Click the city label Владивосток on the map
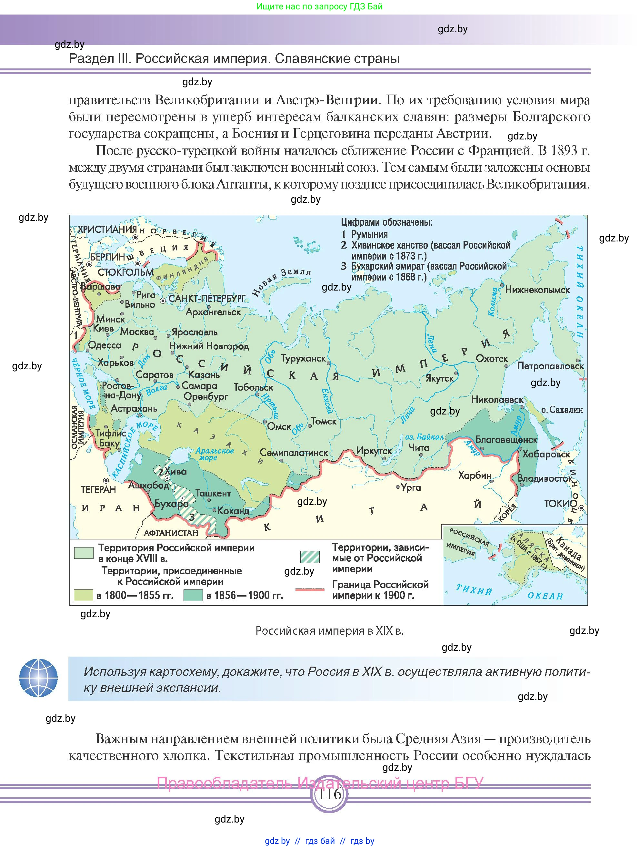(545, 479)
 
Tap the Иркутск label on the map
(374, 451)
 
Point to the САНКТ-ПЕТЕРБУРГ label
(207, 298)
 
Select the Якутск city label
(439, 378)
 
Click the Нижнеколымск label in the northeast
(537, 290)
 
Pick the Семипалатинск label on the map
(294, 453)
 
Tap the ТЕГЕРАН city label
(98, 489)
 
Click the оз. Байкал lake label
(424, 437)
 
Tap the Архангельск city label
(213, 312)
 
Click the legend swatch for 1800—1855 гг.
(83, 595)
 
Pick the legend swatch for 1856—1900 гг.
(193, 595)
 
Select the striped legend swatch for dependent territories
(310, 557)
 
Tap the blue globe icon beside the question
(38, 678)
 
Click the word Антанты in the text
(241, 185)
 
